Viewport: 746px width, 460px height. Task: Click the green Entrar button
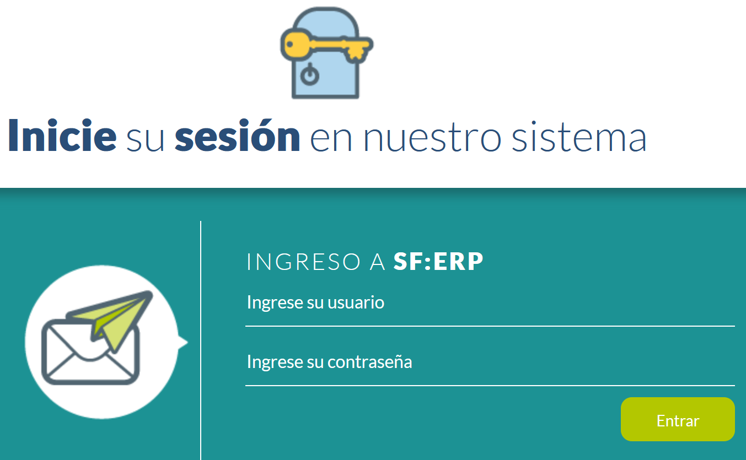[x=678, y=419]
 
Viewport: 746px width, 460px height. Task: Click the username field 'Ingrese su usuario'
[x=490, y=303]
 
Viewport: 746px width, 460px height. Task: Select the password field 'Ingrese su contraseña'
[x=490, y=362]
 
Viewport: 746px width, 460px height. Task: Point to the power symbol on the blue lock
[x=310, y=74]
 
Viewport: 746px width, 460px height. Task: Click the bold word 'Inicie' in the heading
[x=62, y=136]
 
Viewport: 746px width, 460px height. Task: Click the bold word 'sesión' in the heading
[x=238, y=136]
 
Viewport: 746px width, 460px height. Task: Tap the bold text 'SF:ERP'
[x=438, y=261]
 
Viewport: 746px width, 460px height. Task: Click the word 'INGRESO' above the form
[x=304, y=262]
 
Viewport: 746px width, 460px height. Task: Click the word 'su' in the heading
[x=145, y=140]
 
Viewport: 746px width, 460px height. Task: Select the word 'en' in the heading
[x=331, y=140]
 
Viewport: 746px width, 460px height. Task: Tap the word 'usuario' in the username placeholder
[x=356, y=302]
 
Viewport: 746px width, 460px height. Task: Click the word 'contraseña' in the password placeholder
[x=369, y=362]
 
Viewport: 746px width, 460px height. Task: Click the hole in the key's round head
[x=289, y=44]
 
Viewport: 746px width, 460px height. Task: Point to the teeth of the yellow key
[x=356, y=53]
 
